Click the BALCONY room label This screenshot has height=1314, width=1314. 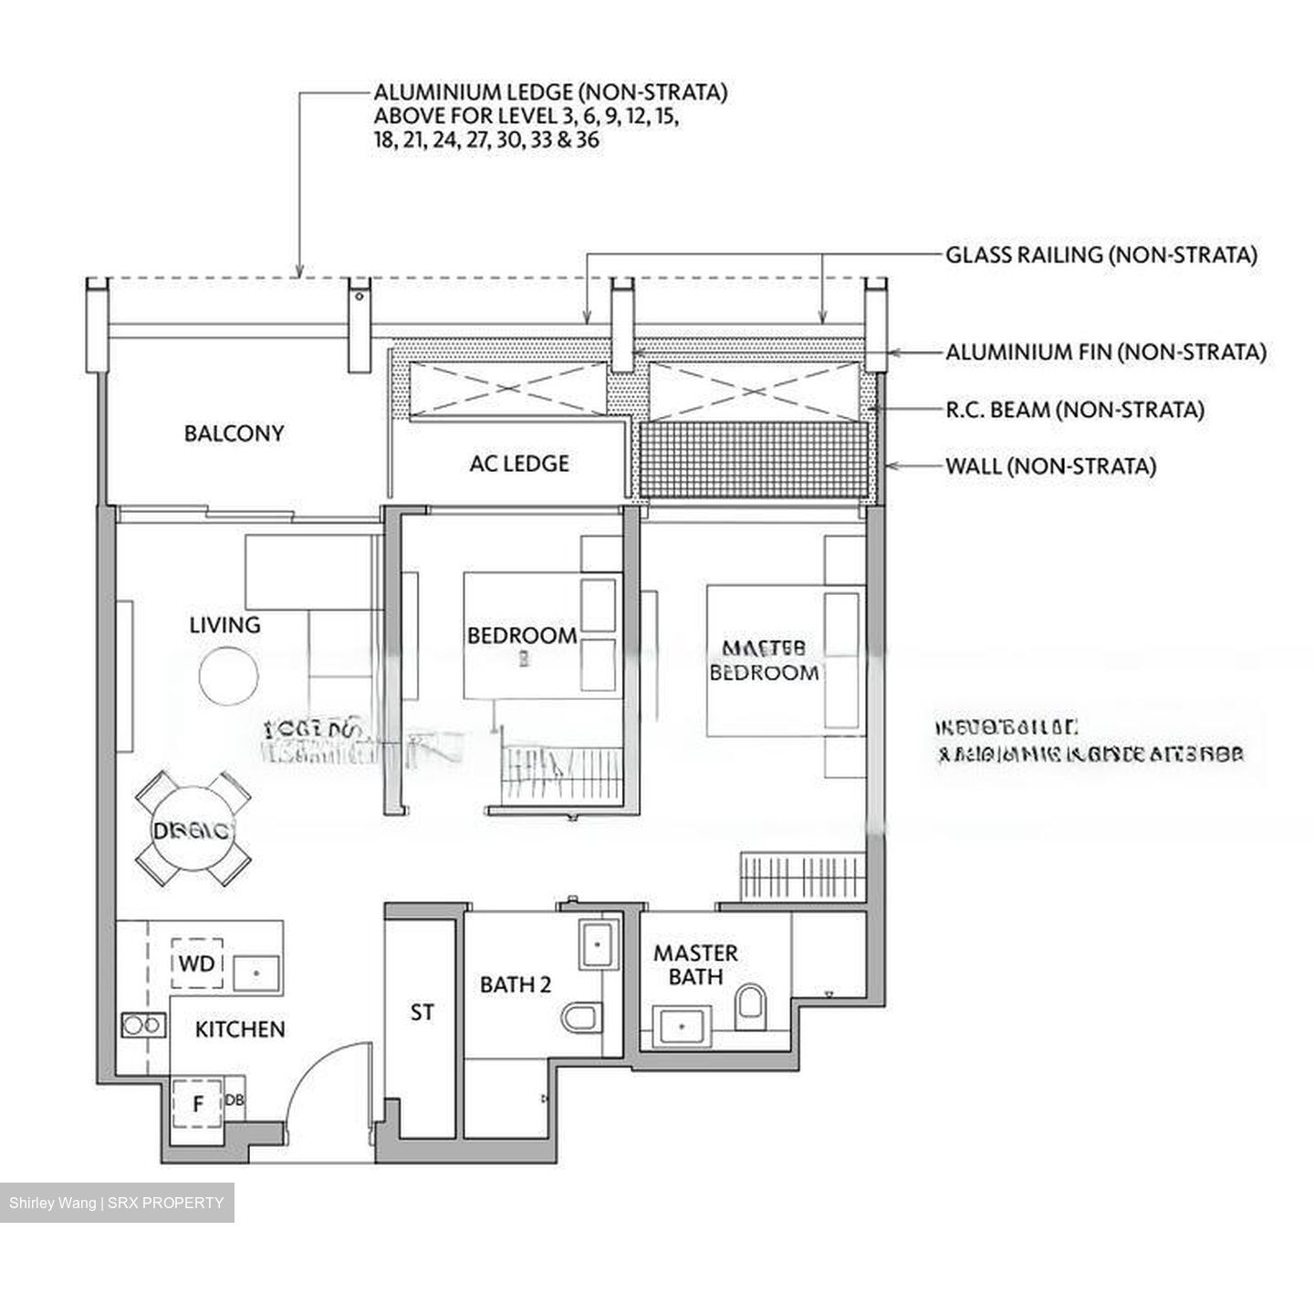[234, 433]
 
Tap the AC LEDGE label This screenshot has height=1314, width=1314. [519, 464]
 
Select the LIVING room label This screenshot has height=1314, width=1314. [224, 625]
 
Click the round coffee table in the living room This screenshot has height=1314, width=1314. [229, 676]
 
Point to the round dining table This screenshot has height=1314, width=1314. [193, 829]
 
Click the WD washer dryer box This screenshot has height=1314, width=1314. [196, 964]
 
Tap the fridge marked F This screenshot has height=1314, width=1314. [197, 1104]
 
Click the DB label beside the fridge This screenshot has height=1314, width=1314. [234, 1100]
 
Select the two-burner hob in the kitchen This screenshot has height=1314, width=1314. [142, 1025]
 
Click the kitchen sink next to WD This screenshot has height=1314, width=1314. [257, 973]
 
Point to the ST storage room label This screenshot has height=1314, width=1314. [422, 1012]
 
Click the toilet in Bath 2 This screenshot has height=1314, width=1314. [579, 1016]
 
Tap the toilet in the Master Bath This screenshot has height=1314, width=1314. [751, 1004]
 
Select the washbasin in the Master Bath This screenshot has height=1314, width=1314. [682, 1026]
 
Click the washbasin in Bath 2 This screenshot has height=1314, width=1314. [598, 944]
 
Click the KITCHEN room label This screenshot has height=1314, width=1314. [240, 1029]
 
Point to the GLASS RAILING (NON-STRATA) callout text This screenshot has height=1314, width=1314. [1100, 255]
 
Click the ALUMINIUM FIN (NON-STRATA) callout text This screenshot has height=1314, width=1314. [1105, 352]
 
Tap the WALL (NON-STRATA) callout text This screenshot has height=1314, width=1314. [1050, 467]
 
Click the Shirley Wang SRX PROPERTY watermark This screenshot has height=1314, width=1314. [116, 1203]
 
